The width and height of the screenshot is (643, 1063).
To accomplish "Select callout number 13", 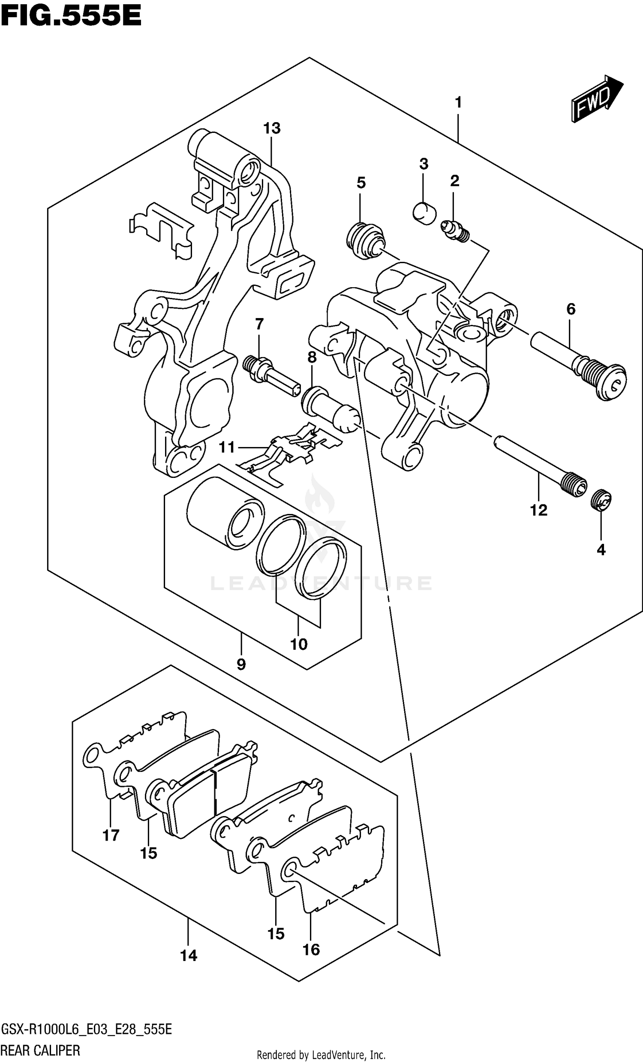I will click(x=272, y=128).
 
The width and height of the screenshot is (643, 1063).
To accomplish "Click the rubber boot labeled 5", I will click(x=365, y=242).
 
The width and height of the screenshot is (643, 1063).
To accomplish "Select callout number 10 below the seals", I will click(x=299, y=645).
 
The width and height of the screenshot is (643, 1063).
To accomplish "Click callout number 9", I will click(x=241, y=664).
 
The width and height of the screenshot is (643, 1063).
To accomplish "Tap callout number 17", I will click(x=111, y=835).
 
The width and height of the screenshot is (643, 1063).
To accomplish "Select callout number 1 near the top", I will click(x=458, y=103).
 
